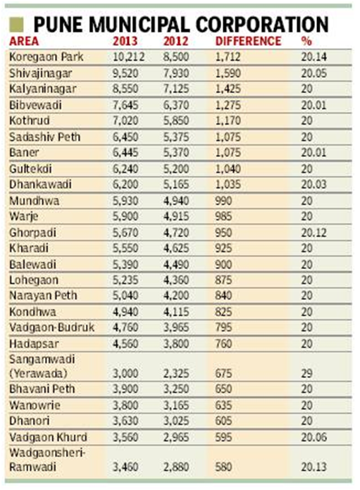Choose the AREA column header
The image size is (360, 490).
click(25, 40)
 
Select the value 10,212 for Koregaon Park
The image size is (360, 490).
click(129, 56)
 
